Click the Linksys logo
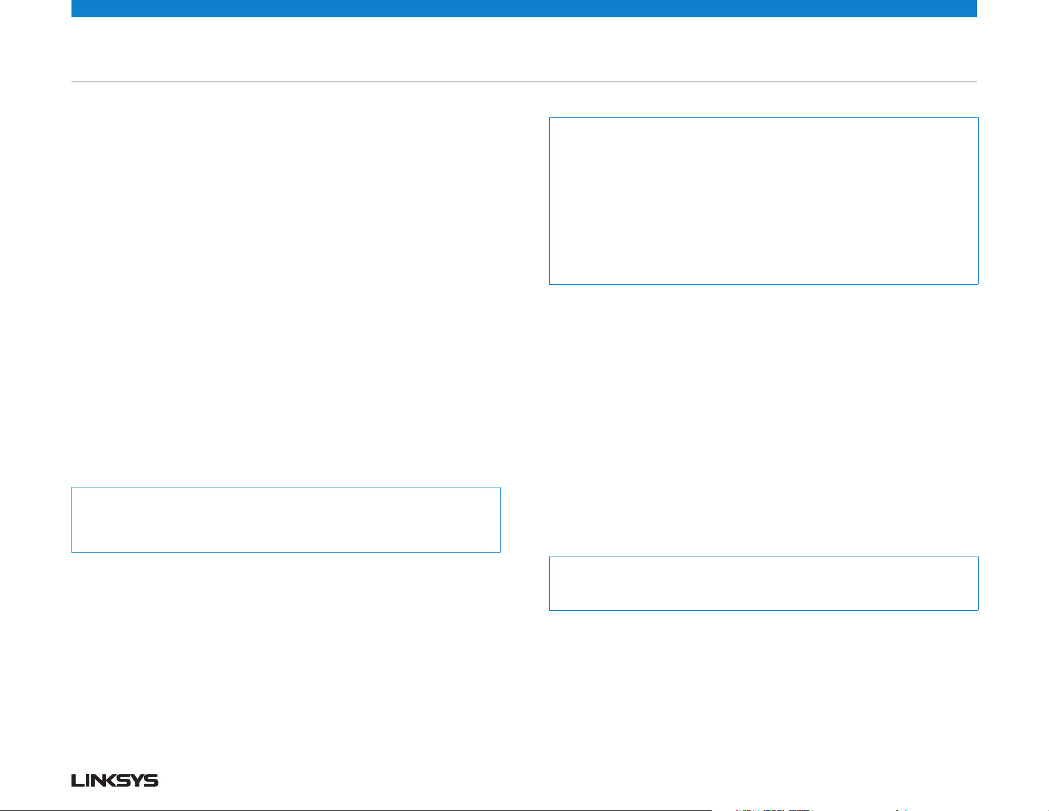click(x=115, y=781)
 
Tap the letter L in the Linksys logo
click(x=76, y=781)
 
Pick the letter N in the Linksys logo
click(x=96, y=781)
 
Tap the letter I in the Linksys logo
click(x=85, y=781)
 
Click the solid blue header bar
click(x=524, y=8)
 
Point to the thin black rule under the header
click(x=524, y=82)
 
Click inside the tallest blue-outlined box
click(x=764, y=201)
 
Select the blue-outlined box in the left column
click(x=286, y=520)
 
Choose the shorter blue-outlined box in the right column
click(x=764, y=583)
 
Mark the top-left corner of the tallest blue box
click(x=549, y=118)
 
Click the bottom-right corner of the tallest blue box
click(x=978, y=284)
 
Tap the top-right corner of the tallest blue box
click(x=978, y=118)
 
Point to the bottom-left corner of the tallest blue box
click(x=549, y=284)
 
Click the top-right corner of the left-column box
click(x=500, y=487)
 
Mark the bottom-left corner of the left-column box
click(x=71, y=552)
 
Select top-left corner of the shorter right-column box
click(x=549, y=557)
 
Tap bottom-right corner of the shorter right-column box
click(x=978, y=610)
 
